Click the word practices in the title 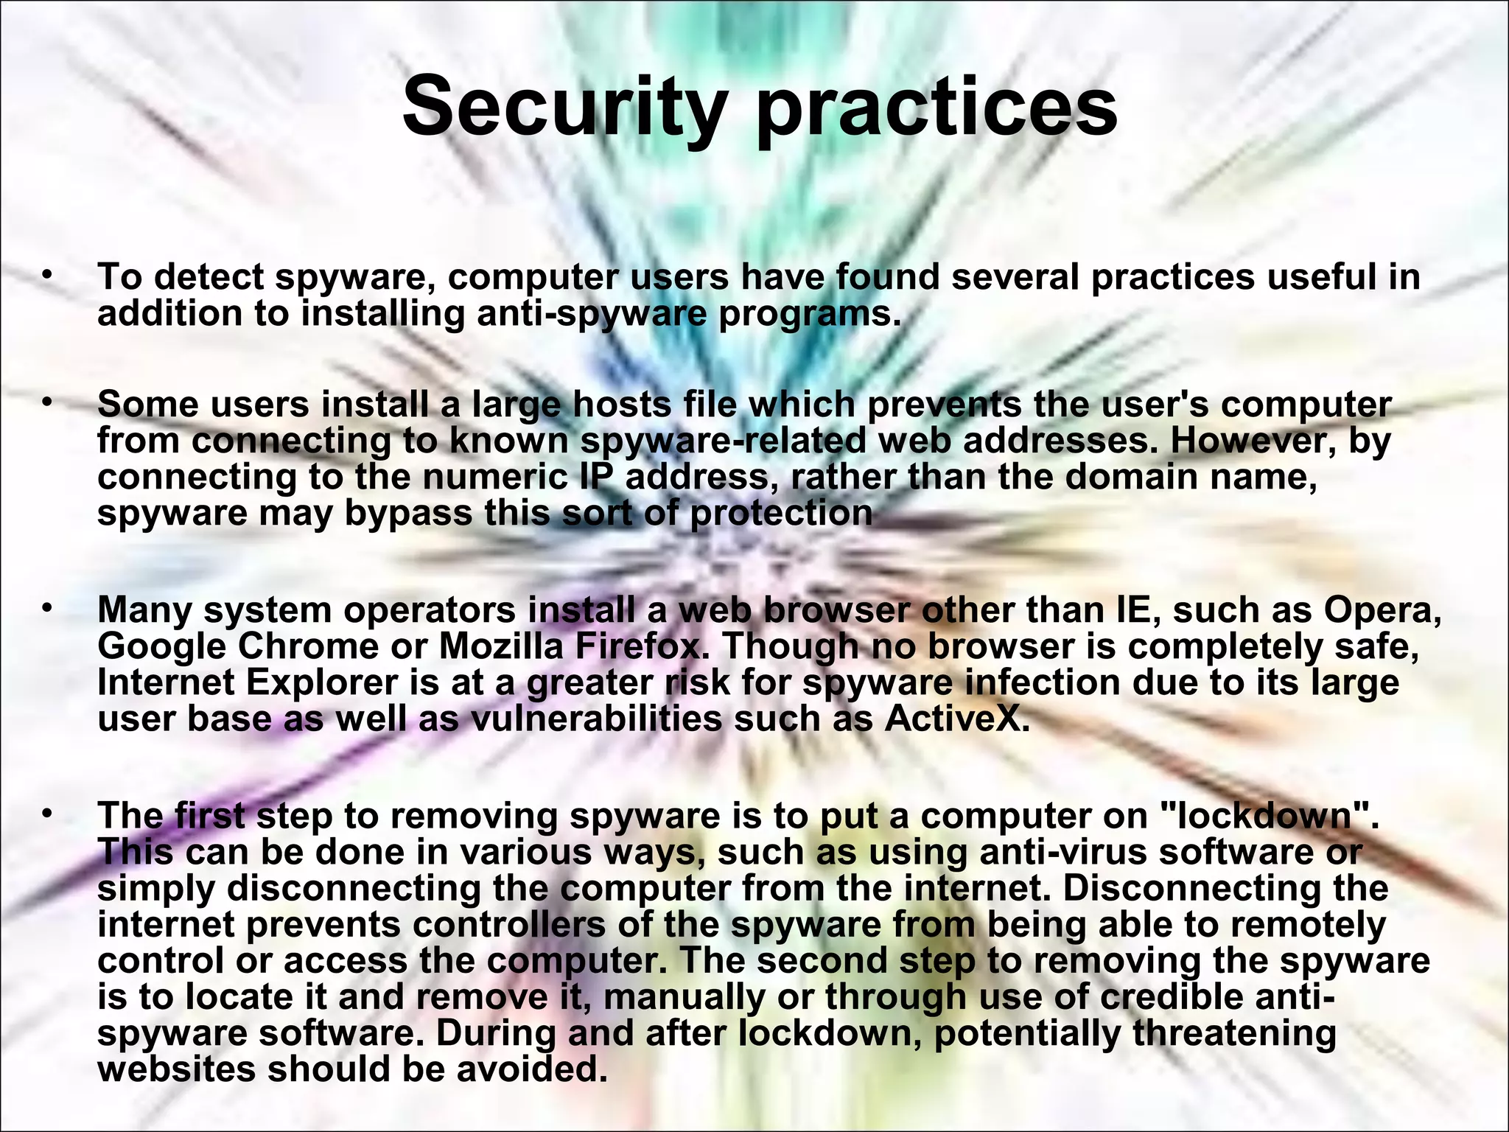(x=936, y=109)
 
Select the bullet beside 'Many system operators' (x=47, y=609)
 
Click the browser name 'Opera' (x=1382, y=610)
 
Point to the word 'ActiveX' (x=955, y=719)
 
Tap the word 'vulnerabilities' (x=595, y=719)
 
